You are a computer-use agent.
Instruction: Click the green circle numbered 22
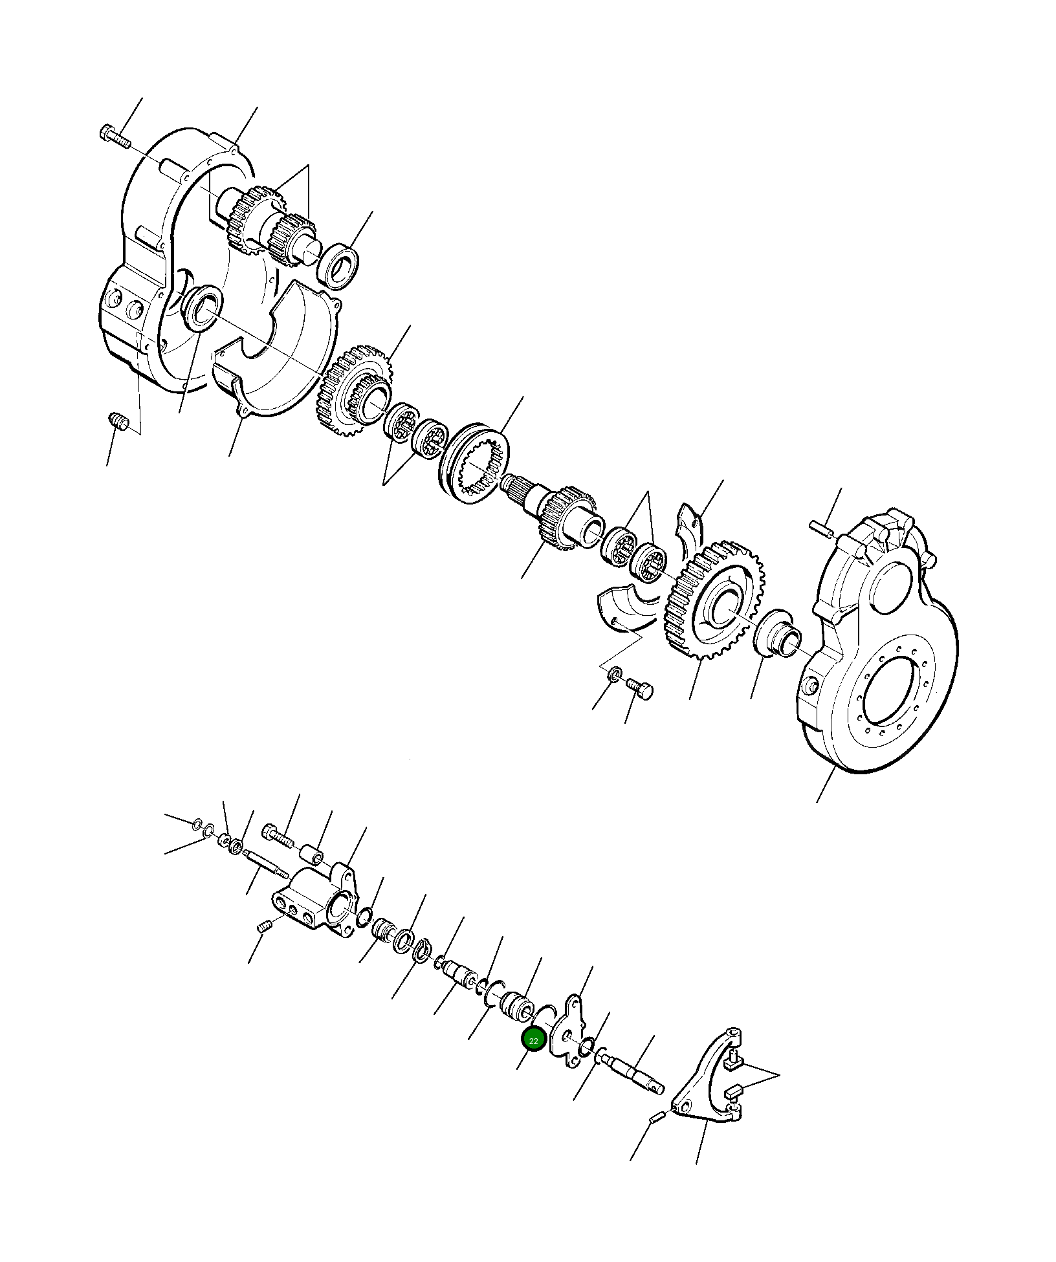tap(534, 1041)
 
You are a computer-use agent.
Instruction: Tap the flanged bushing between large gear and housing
tap(778, 634)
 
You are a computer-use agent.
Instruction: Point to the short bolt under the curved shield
tap(641, 689)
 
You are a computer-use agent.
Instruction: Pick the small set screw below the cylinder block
tap(263, 928)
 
